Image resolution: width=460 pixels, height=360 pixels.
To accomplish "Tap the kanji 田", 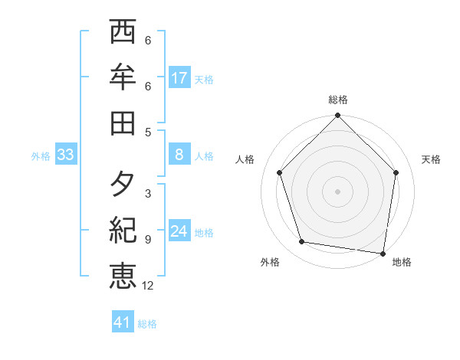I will click(x=123, y=122).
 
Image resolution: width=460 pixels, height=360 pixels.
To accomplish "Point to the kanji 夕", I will click(x=123, y=184).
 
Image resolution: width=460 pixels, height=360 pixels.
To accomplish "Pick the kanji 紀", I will click(x=123, y=229).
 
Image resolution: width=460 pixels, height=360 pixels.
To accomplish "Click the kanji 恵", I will click(x=123, y=275).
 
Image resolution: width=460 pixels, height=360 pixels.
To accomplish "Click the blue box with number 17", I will click(x=179, y=77).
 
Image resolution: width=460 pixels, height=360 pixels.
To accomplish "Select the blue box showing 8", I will click(x=179, y=155).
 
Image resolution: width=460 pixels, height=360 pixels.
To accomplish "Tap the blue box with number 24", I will click(x=179, y=231).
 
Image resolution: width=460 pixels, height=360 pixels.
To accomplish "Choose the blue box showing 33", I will click(x=66, y=155).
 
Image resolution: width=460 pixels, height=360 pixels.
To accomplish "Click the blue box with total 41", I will click(x=123, y=322).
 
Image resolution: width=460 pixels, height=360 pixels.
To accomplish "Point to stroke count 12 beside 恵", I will click(x=148, y=286).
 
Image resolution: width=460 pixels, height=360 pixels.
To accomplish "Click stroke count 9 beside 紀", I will click(x=148, y=240).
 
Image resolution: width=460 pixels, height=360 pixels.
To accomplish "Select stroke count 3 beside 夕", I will click(x=148, y=194).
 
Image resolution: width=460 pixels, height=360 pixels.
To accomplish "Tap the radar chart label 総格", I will click(x=337, y=100).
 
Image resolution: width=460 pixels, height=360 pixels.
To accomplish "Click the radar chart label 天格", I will click(x=431, y=159).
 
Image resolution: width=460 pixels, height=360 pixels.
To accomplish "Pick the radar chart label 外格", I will click(x=270, y=262).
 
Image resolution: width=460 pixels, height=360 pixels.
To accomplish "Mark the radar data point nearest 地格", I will click(x=383, y=254).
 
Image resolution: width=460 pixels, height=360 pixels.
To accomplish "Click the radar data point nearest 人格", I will click(x=280, y=172).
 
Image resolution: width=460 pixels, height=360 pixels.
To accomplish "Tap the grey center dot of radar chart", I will click(x=337, y=191).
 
